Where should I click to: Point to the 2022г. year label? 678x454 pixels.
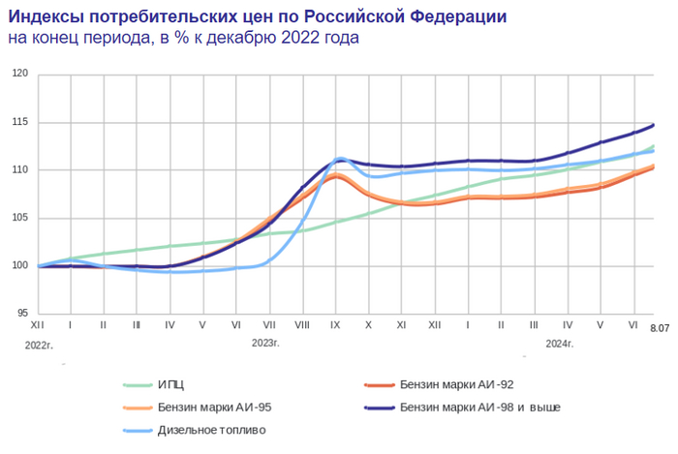[x=38, y=344]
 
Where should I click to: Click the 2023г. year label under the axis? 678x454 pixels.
[x=266, y=344]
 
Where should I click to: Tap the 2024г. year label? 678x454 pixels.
[x=560, y=344]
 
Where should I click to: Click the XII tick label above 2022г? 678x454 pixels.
[x=38, y=325]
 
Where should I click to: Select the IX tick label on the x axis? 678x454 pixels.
[x=334, y=325]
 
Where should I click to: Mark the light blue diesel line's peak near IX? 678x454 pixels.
[x=340, y=158]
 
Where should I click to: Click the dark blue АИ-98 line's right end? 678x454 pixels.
[x=654, y=125]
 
